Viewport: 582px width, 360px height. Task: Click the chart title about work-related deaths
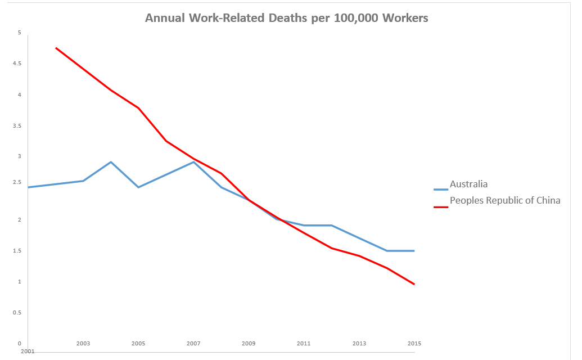tap(286, 18)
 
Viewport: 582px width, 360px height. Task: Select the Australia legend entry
tap(468, 184)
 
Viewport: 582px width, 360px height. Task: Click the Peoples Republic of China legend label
tap(504, 200)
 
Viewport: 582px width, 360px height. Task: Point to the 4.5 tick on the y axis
tap(17, 64)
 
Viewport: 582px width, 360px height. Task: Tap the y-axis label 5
tap(19, 33)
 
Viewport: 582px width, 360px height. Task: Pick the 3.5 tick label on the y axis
tap(17, 126)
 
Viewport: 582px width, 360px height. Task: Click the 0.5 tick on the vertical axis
tap(17, 313)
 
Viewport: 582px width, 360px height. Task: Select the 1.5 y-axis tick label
tap(17, 251)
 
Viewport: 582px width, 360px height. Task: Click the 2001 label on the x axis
tap(28, 351)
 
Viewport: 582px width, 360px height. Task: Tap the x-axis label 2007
tap(193, 343)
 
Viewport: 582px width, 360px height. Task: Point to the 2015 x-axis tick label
tap(414, 343)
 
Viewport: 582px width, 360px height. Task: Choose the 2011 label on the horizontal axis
tap(304, 343)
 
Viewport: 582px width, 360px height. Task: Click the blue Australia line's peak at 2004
tap(111, 162)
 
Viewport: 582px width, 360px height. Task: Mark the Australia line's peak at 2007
tap(193, 162)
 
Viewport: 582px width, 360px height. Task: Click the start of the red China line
tap(56, 48)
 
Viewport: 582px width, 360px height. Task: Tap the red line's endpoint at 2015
tap(414, 284)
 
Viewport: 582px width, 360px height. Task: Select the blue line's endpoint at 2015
tap(414, 251)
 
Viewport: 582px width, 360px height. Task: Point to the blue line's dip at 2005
tap(138, 187)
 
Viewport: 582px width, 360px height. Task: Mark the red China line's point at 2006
tap(166, 141)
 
